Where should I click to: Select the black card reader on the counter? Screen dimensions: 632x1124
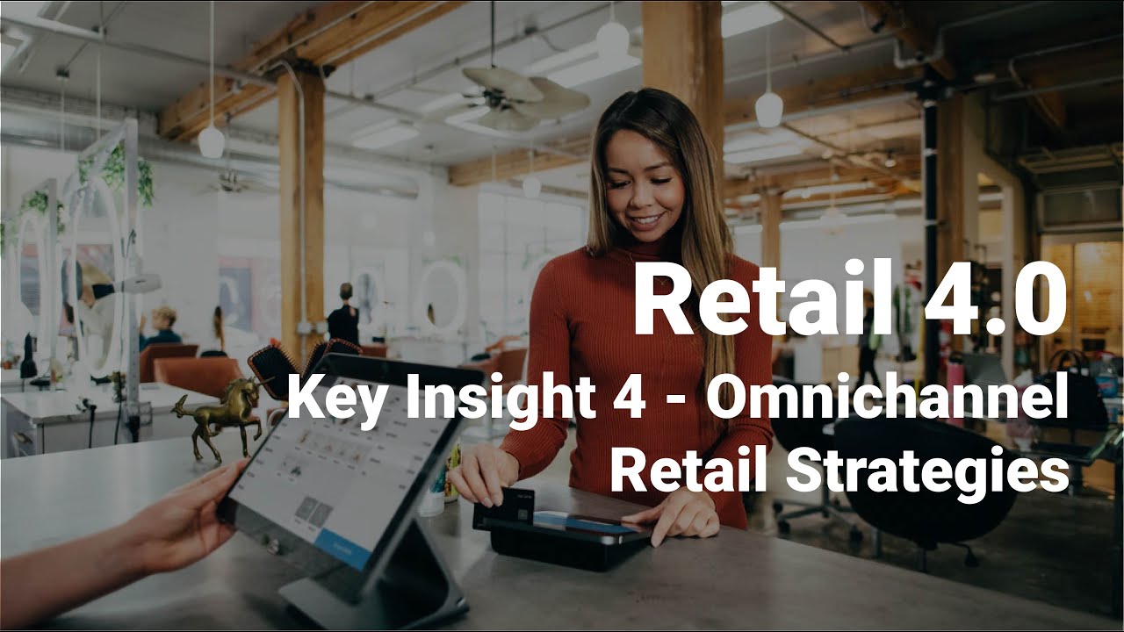(571, 540)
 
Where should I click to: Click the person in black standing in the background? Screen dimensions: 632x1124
(342, 316)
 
